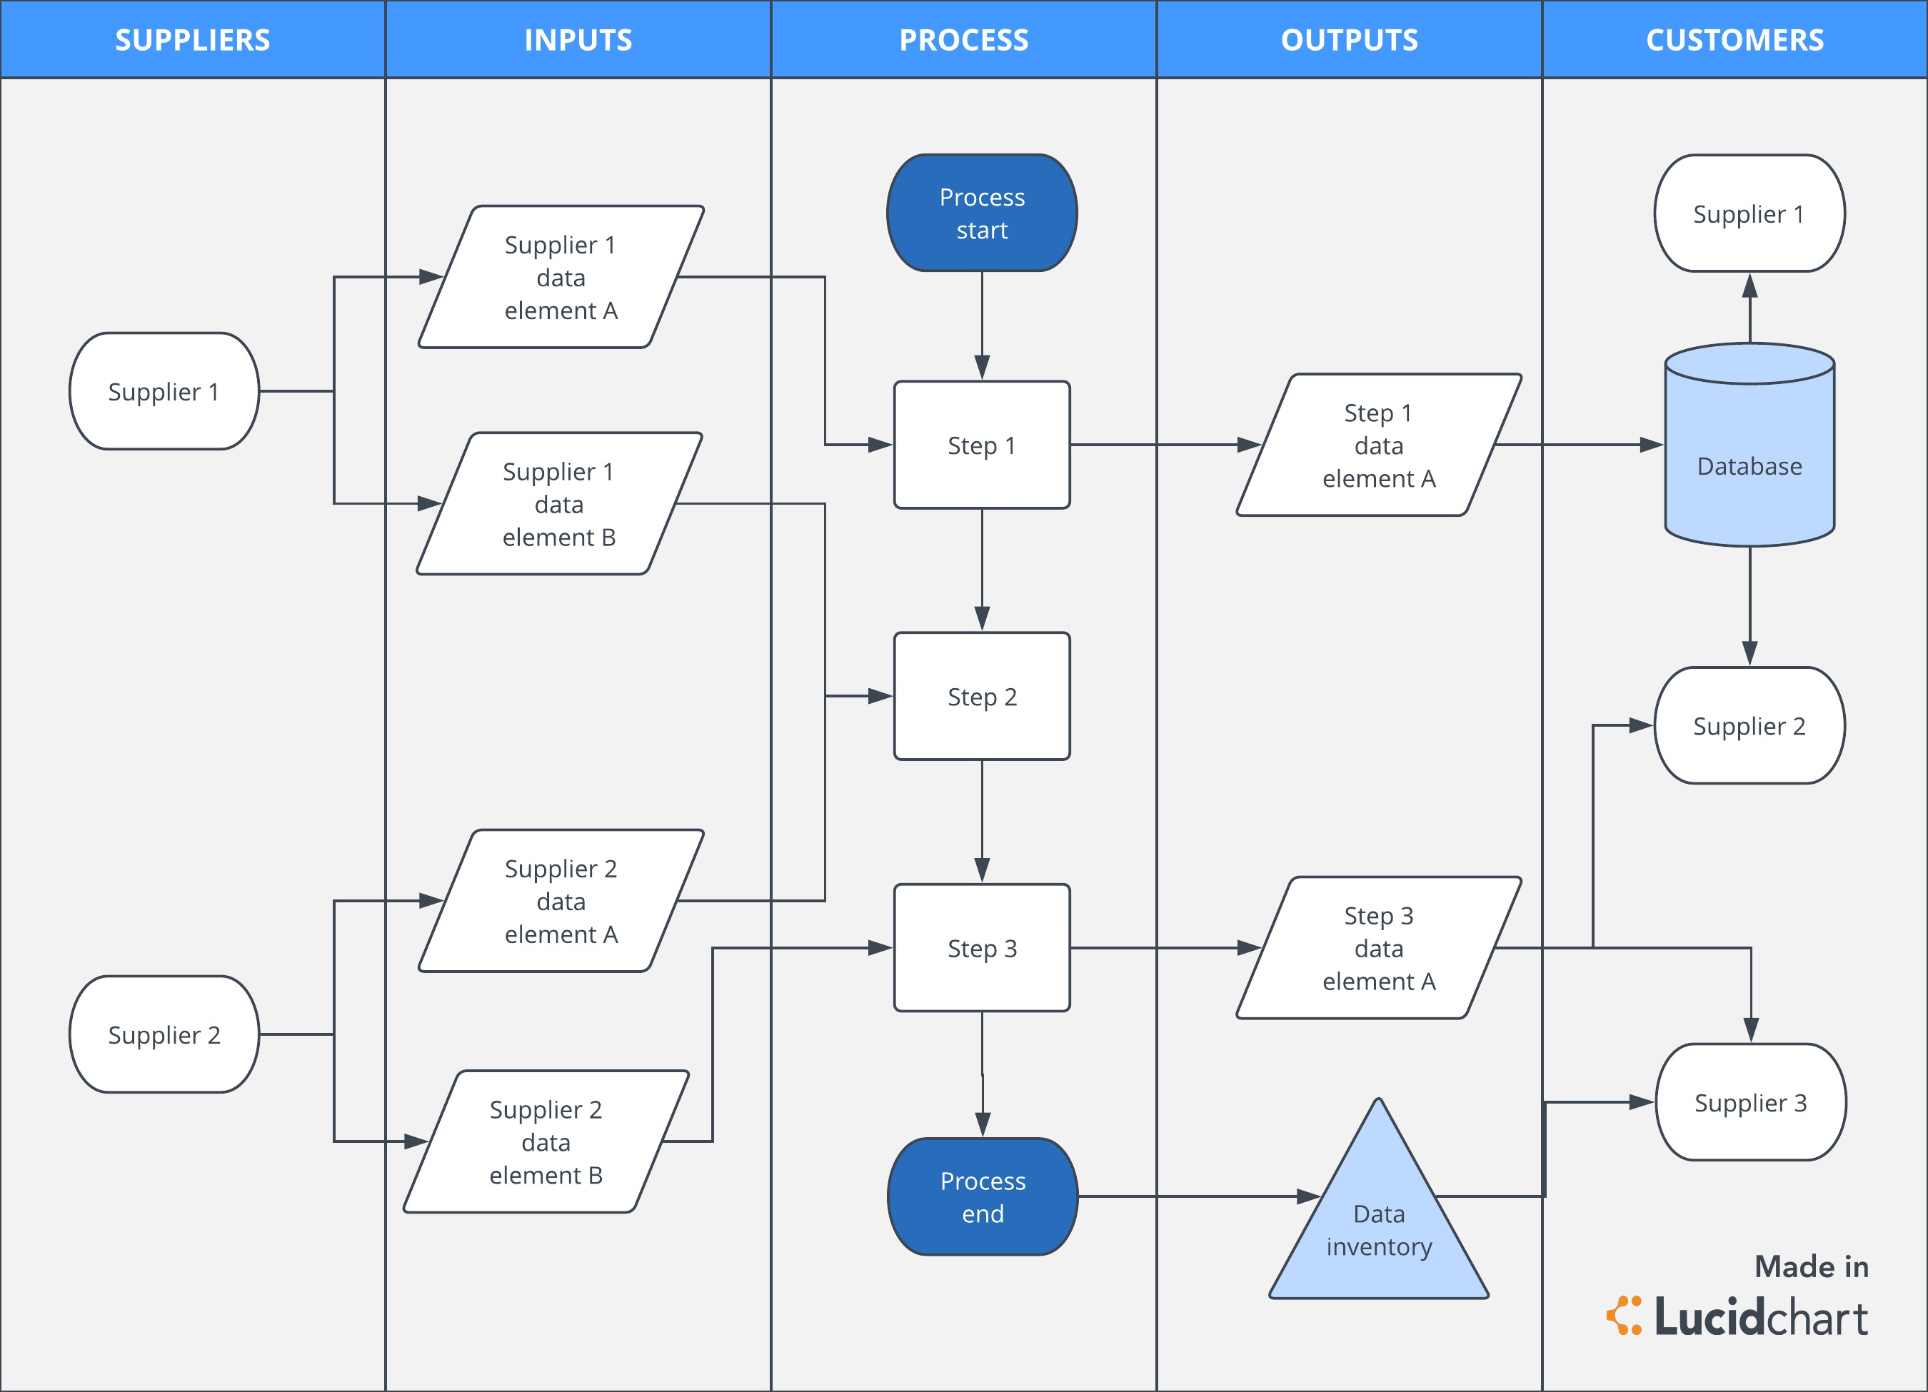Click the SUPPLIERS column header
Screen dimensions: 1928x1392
tap(192, 40)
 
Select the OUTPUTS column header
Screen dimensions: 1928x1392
tap(1349, 40)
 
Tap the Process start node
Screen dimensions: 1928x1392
tap(982, 213)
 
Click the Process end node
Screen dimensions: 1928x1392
tap(983, 1196)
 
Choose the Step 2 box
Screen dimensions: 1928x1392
tap(982, 696)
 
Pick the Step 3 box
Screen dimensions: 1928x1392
tap(982, 947)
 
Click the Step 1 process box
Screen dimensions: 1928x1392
tap(982, 445)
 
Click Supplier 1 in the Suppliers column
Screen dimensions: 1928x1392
tap(164, 391)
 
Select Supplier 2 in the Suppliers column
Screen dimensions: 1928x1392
tap(164, 1034)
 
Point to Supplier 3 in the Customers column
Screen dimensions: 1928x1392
tap(1750, 1102)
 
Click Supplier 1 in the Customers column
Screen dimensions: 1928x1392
tap(1749, 213)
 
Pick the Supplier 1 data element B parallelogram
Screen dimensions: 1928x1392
tap(559, 504)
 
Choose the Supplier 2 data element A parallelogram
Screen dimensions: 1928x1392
tap(561, 901)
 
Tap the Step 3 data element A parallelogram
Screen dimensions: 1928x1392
tap(1379, 947)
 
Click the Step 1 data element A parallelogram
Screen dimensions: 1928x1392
tap(1379, 445)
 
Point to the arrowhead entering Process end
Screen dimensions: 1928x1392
tap(983, 1125)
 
